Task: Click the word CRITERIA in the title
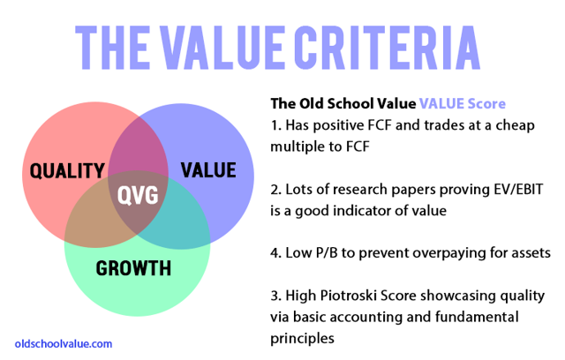(x=387, y=48)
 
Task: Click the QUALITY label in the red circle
(x=67, y=171)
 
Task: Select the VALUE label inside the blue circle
(x=208, y=170)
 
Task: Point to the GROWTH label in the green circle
(x=133, y=268)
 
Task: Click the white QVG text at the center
(x=138, y=196)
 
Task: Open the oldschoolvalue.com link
(x=64, y=344)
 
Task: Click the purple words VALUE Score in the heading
(x=463, y=104)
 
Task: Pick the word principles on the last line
(x=302, y=339)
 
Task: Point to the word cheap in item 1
(x=515, y=126)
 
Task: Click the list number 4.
(x=275, y=253)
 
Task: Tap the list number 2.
(x=275, y=190)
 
